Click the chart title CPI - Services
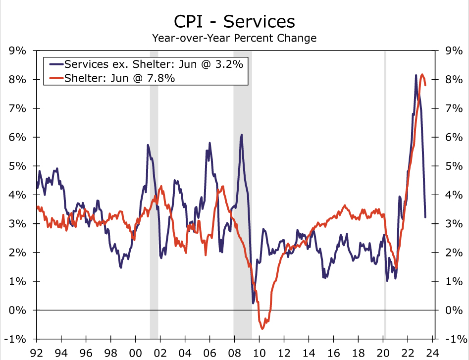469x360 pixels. (234, 21)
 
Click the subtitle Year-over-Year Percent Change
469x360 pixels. (234, 38)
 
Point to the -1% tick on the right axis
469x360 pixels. (454, 339)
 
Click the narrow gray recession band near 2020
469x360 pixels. (385, 198)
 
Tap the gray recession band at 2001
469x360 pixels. (154, 198)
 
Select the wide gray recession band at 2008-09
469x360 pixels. (243, 198)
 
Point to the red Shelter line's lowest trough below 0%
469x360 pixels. (262, 328)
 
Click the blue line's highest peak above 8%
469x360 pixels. (416, 75)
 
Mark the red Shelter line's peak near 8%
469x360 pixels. (422, 75)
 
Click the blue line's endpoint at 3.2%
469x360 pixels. (425, 217)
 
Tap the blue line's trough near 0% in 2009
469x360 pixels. (253, 303)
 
